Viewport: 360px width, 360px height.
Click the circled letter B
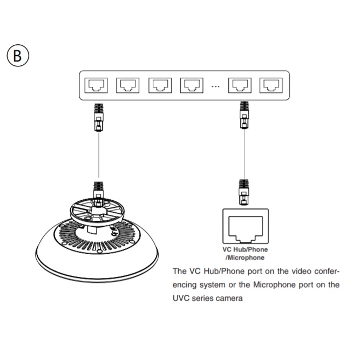click(x=17, y=56)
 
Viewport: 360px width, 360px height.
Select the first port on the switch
click(x=98, y=85)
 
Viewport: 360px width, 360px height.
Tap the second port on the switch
click(x=128, y=85)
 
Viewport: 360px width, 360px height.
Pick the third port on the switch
click(x=160, y=85)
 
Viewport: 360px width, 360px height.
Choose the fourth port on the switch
click(x=191, y=85)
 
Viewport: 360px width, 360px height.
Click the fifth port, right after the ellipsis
click(x=239, y=85)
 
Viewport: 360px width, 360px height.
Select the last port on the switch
click(x=270, y=85)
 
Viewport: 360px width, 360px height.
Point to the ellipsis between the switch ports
click(x=215, y=86)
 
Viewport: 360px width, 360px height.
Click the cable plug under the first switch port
click(x=98, y=116)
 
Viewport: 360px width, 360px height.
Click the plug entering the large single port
click(x=244, y=193)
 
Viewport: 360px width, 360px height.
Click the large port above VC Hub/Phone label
click(x=245, y=227)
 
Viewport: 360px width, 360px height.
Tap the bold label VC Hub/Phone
click(x=245, y=250)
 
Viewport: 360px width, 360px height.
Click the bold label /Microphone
click(x=245, y=257)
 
